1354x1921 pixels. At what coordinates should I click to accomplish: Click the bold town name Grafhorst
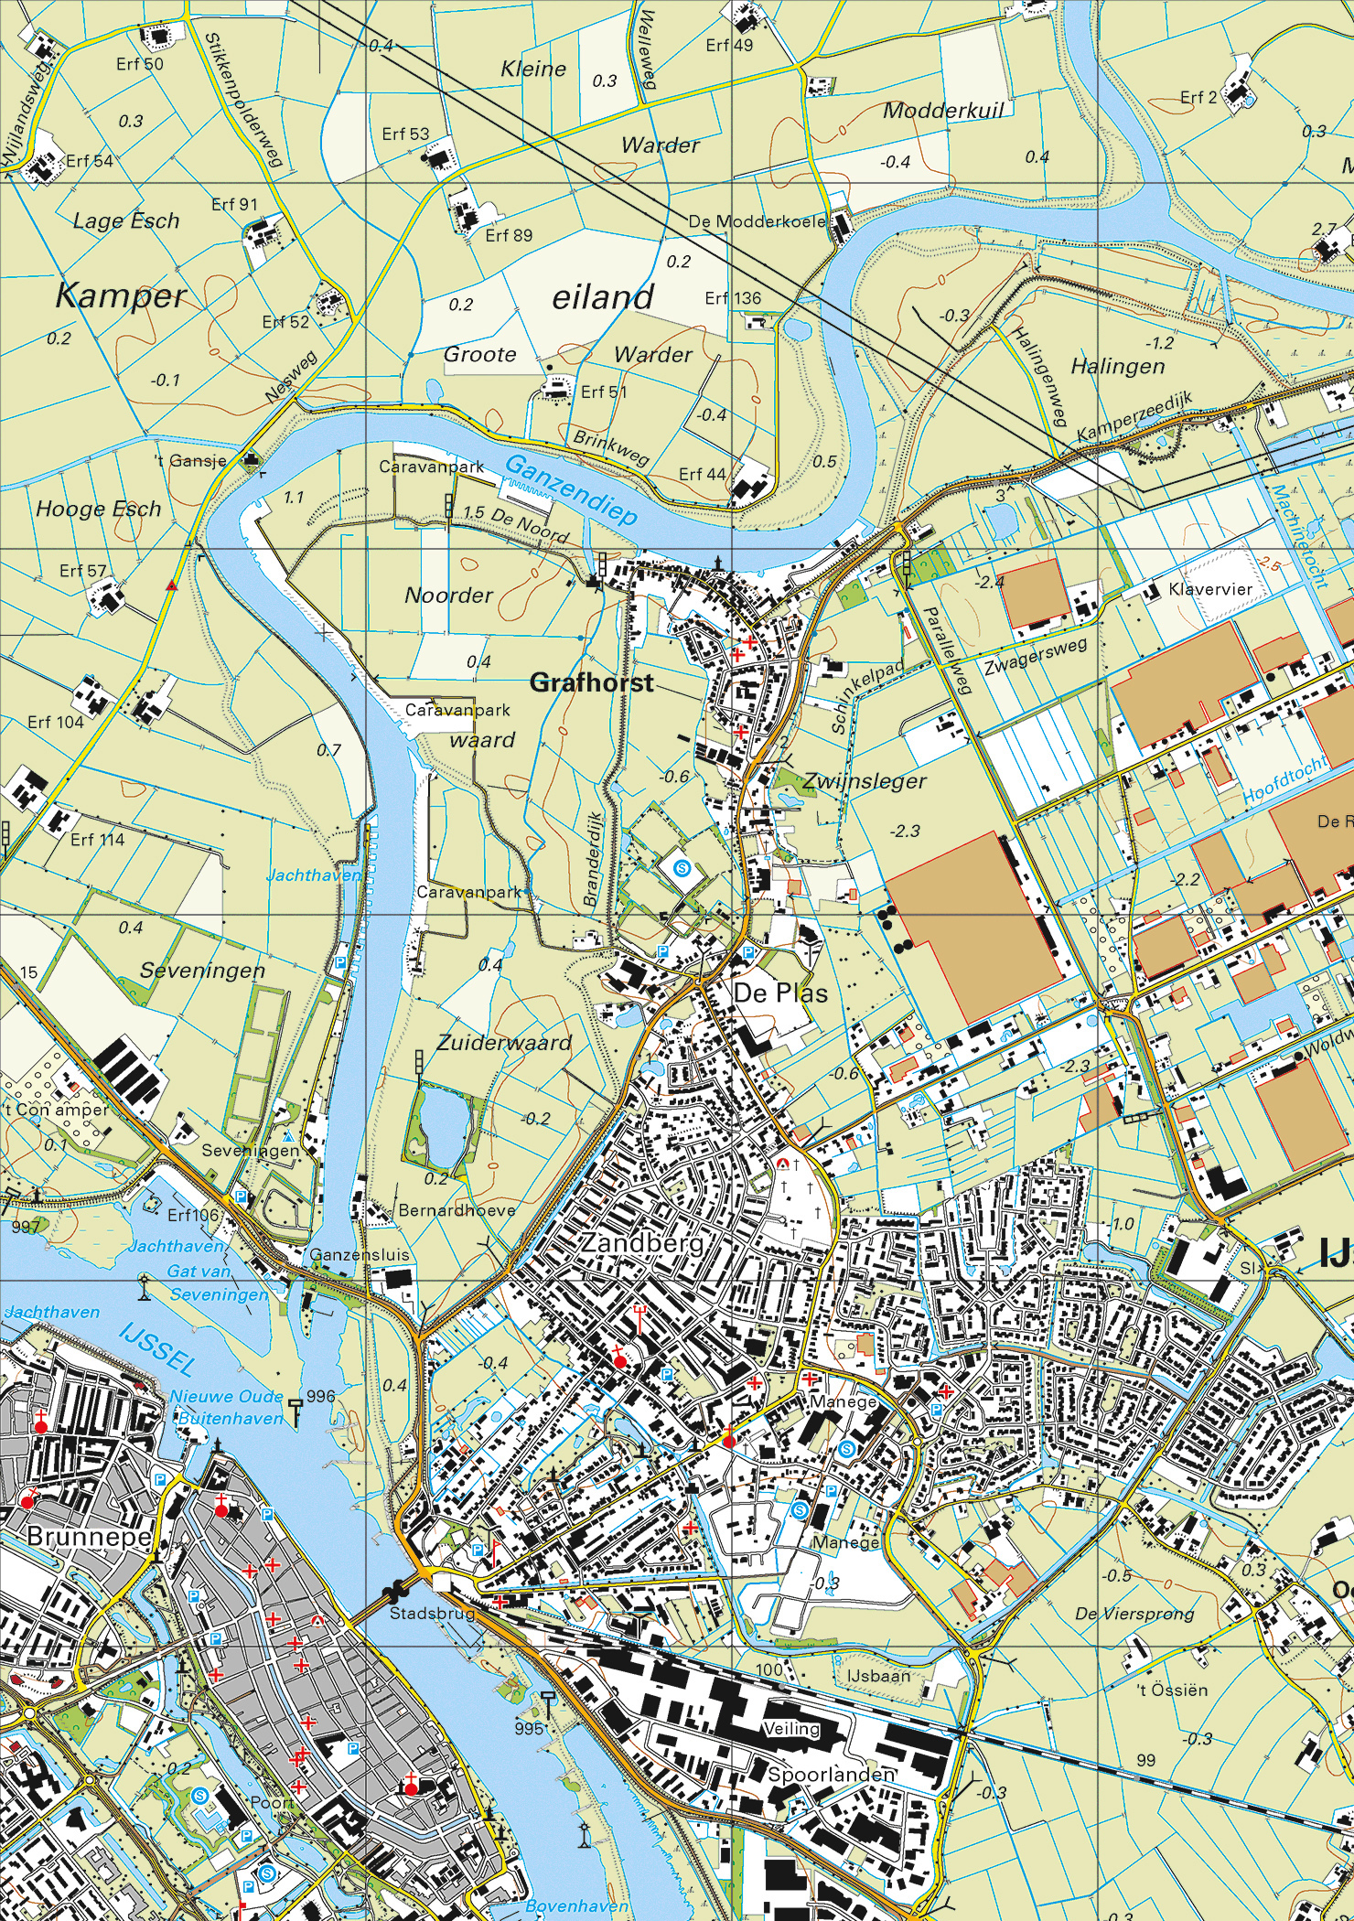coord(592,682)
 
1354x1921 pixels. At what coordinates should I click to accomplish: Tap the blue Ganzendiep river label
coord(571,490)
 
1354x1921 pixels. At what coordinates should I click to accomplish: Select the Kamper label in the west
coord(120,296)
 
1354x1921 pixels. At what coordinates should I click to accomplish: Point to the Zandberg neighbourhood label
coord(640,1244)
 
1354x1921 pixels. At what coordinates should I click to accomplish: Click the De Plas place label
coord(780,993)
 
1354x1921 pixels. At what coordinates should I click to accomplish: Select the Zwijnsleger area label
coord(865,781)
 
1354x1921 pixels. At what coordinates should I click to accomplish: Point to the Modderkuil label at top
coord(943,111)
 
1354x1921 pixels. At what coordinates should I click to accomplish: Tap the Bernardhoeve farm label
coord(457,1209)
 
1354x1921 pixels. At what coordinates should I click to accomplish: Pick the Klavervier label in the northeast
coord(1210,590)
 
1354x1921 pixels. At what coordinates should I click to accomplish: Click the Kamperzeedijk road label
coord(1136,419)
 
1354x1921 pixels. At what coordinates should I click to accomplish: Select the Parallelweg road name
coord(946,650)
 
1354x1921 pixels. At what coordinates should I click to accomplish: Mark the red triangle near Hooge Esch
coord(171,586)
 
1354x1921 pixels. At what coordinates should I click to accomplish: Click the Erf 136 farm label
coord(733,298)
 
